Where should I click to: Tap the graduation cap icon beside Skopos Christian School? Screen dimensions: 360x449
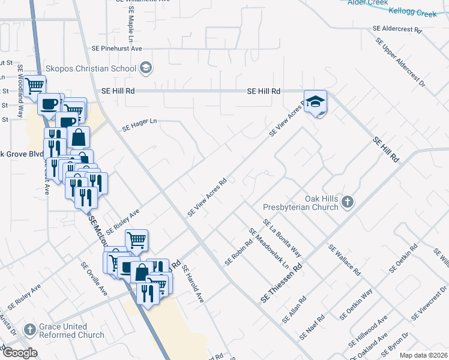[145, 68]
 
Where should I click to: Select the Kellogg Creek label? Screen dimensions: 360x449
[420, 11]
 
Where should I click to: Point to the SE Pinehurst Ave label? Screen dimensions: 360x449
[116, 47]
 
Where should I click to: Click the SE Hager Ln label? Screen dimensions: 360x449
[139, 124]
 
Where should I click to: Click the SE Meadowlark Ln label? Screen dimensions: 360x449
[268, 248]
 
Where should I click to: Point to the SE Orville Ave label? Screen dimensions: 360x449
[94, 278]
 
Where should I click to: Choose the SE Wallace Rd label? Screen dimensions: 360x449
[344, 260]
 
